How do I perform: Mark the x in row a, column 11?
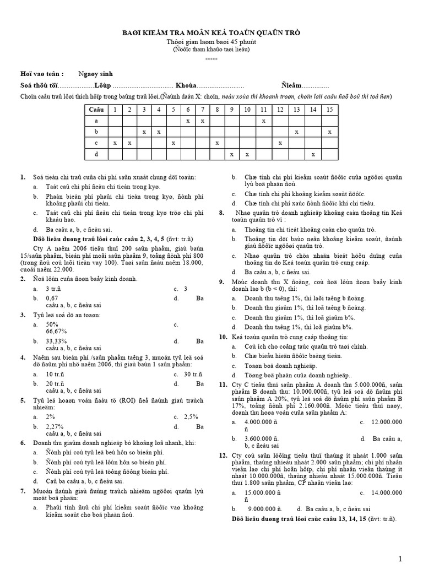[x=264, y=121]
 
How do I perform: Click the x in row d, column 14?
[x=313, y=154]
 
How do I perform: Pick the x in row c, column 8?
[x=218, y=143]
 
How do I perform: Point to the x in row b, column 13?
[x=296, y=132]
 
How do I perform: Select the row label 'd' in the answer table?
[x=96, y=154]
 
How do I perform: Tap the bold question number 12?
[x=223, y=455]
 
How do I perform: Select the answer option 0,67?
[x=52, y=298]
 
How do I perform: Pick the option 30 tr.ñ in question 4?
[x=192, y=375]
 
